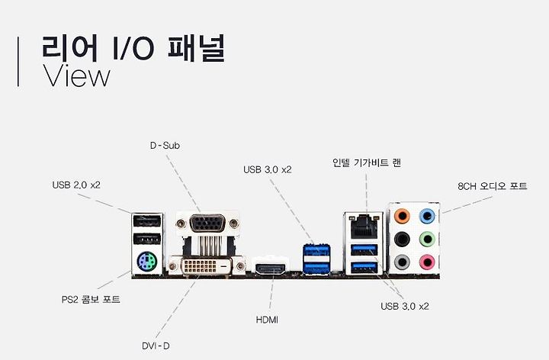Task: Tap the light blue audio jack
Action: click(x=429, y=214)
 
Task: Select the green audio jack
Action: click(x=429, y=238)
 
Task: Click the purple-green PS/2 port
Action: click(x=146, y=264)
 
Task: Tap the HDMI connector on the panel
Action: click(x=270, y=268)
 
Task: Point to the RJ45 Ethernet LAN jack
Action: click(x=363, y=227)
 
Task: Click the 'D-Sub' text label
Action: click(x=165, y=145)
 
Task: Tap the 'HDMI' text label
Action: click(x=267, y=320)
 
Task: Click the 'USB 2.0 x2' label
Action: click(x=76, y=185)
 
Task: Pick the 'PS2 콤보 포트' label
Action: click(x=91, y=300)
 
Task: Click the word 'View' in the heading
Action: click(x=77, y=76)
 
